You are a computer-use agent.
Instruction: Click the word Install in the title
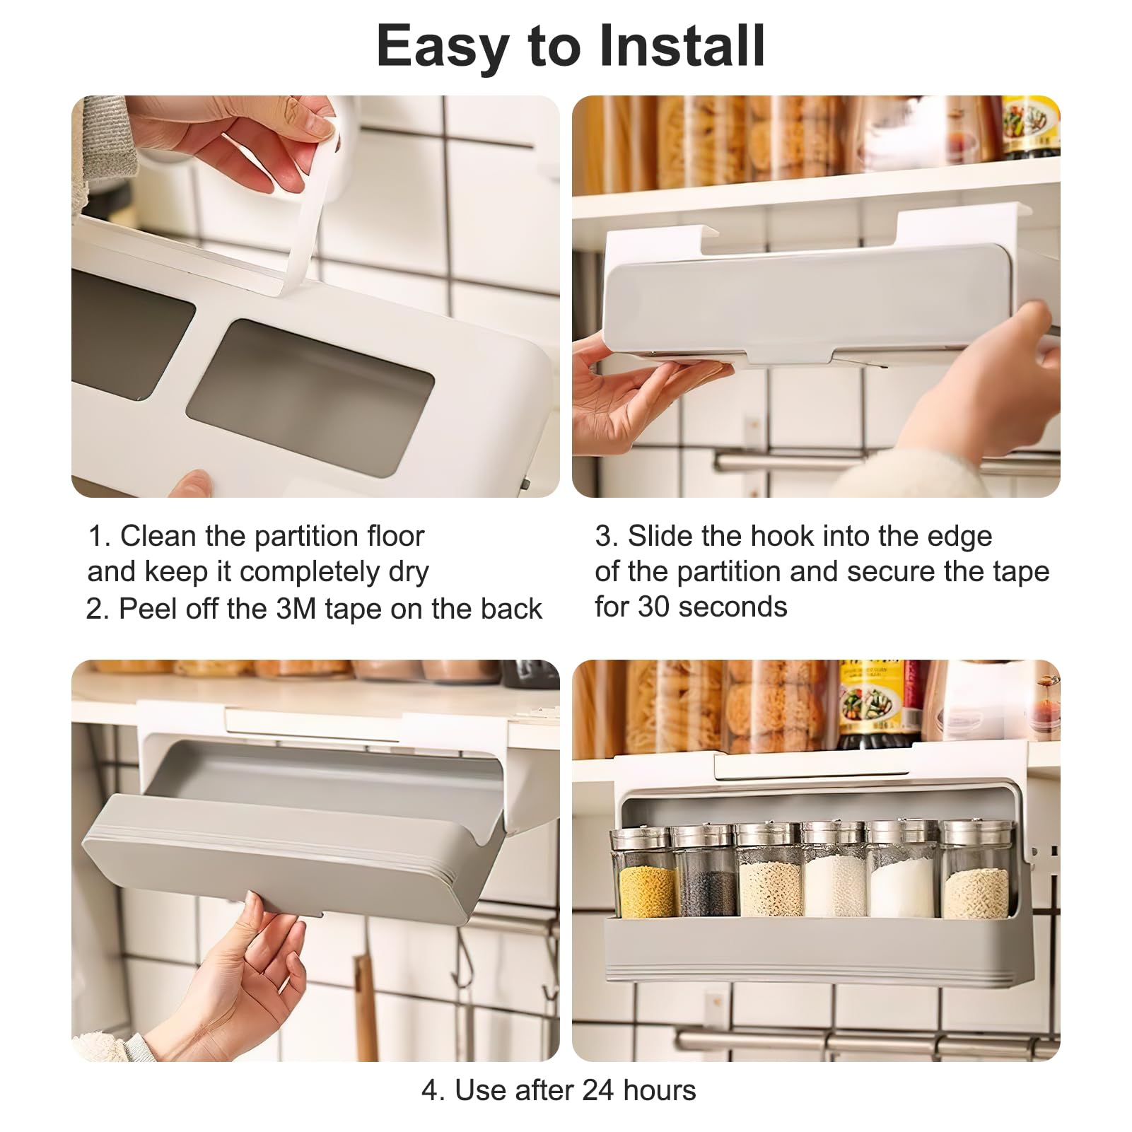point(682,46)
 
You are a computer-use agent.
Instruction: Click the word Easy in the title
point(443,47)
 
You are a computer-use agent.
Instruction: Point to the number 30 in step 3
point(654,607)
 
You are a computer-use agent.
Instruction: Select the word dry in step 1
point(409,572)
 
